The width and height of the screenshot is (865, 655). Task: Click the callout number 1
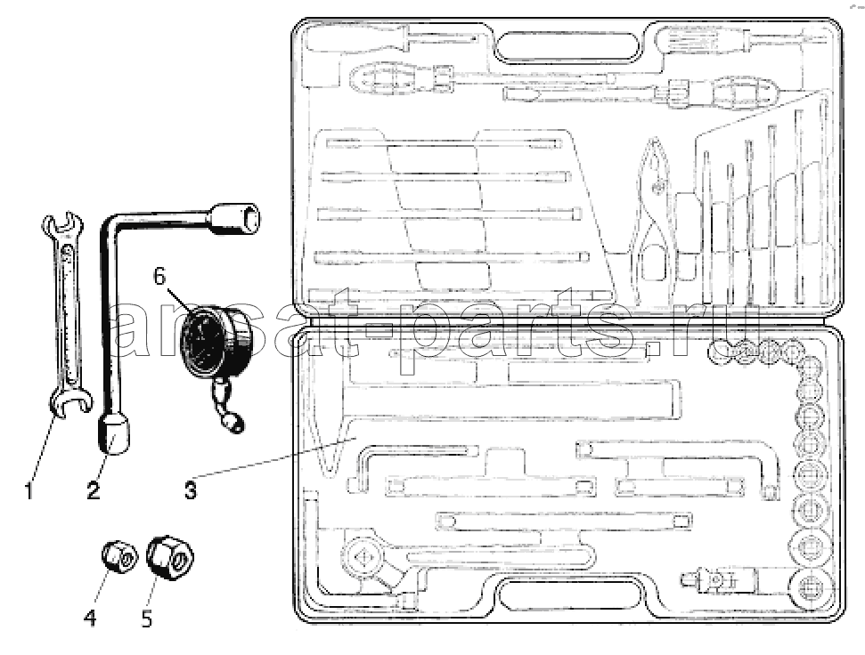click(x=29, y=490)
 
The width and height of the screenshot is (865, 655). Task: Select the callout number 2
click(x=94, y=489)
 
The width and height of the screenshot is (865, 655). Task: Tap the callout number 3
click(x=190, y=489)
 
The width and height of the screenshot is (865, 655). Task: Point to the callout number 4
click(x=90, y=619)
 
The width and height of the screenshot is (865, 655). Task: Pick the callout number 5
click(x=147, y=619)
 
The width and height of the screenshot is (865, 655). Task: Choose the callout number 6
click(x=159, y=276)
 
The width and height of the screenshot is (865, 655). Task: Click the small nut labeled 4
click(x=119, y=557)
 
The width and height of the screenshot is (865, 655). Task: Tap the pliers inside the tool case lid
click(x=654, y=218)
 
